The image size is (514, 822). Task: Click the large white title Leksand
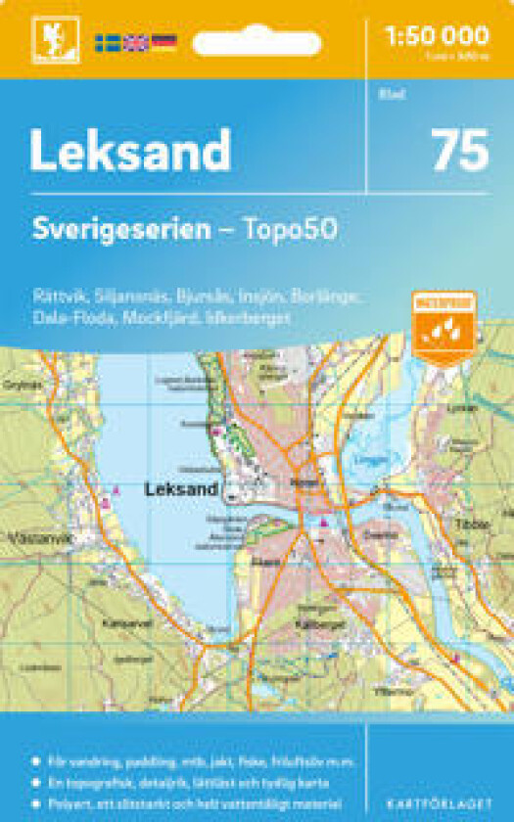coord(130,151)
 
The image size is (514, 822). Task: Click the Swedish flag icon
coord(108,42)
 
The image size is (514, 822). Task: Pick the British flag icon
coord(135,42)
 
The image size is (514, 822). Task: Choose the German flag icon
coord(164,42)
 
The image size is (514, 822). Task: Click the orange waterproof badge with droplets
coord(444,327)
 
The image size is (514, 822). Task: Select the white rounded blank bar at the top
coord(257,43)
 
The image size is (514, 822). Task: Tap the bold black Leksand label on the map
coord(180,486)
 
